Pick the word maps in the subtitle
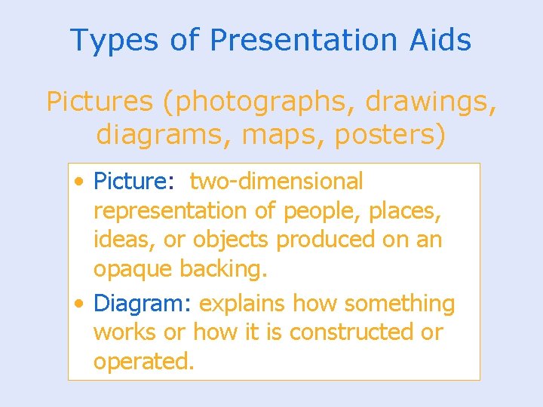point(268,136)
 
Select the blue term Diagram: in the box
point(143,304)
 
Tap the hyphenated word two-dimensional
point(276,182)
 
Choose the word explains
point(242,304)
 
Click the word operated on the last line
point(143,361)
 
